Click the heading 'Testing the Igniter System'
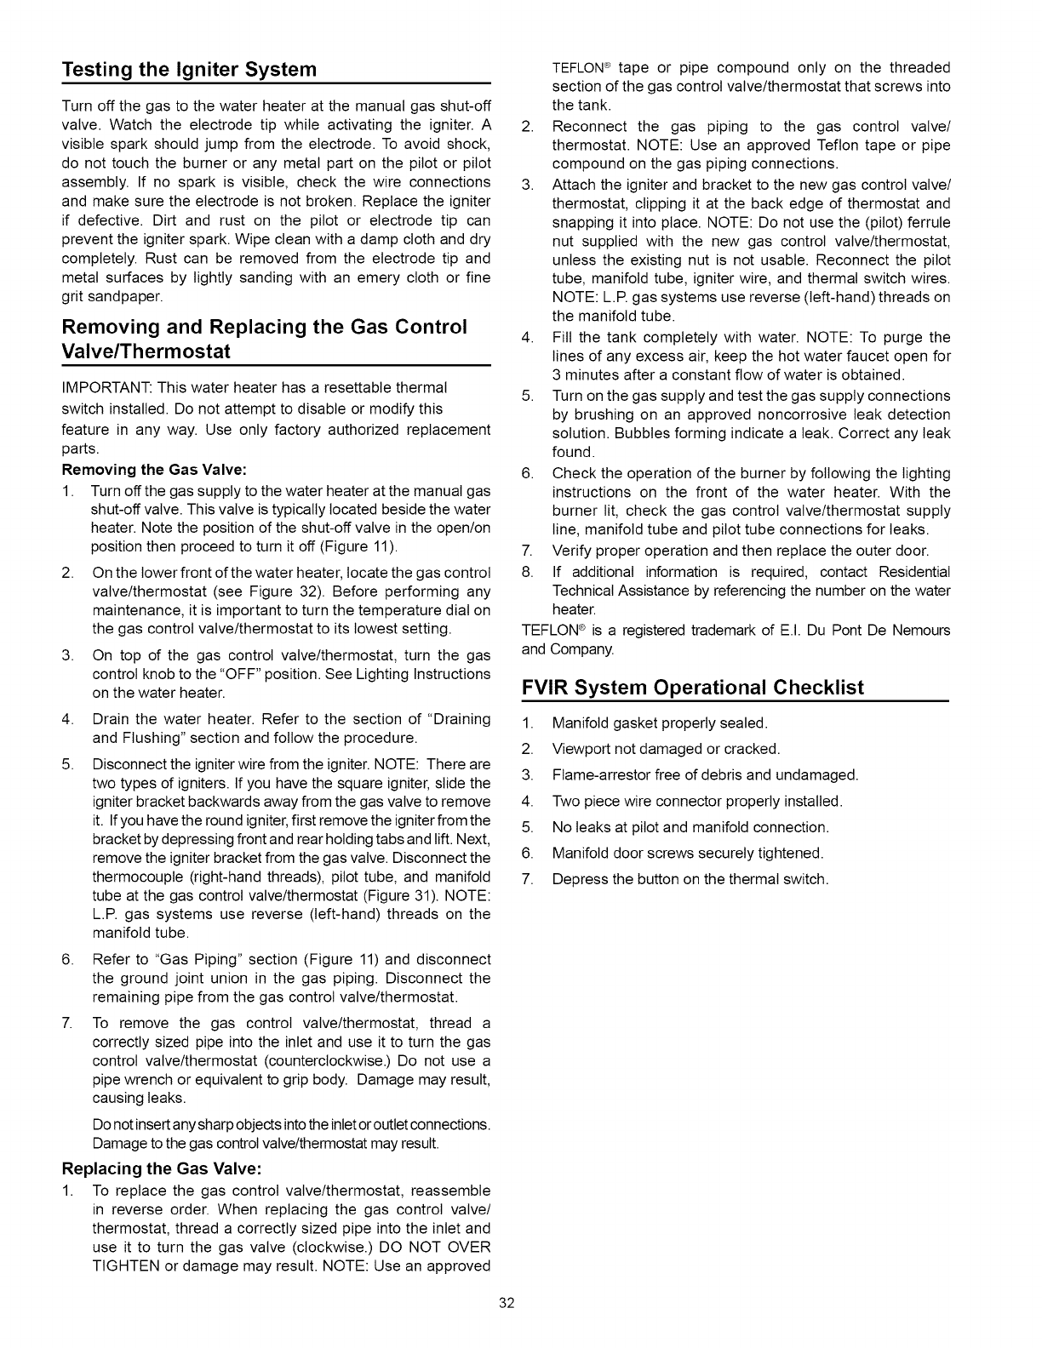(189, 69)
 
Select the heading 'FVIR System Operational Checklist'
(692, 687)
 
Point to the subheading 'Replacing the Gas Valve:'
(161, 1168)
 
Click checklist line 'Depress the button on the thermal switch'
(690, 879)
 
